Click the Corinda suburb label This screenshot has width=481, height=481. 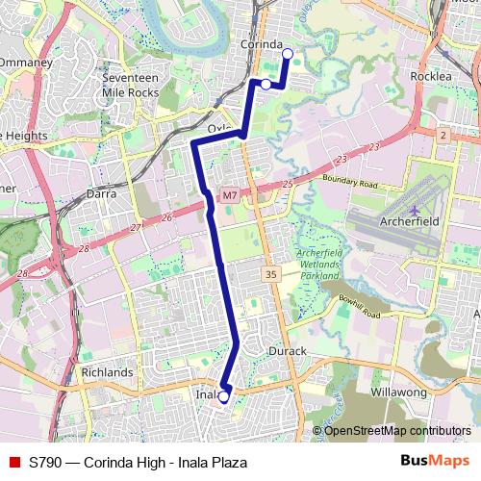point(262,45)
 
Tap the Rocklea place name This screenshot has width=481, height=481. point(430,75)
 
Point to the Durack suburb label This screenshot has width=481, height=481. point(287,351)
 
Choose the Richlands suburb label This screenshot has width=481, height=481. point(107,371)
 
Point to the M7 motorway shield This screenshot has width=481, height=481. point(229,196)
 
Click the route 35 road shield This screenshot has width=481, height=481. point(270,275)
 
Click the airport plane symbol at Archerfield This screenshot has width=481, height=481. point(415,210)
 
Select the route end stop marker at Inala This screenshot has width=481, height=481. point(223,396)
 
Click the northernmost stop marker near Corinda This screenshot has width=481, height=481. point(286,54)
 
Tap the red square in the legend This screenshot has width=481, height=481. point(13,462)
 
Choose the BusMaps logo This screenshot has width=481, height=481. point(435,462)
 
